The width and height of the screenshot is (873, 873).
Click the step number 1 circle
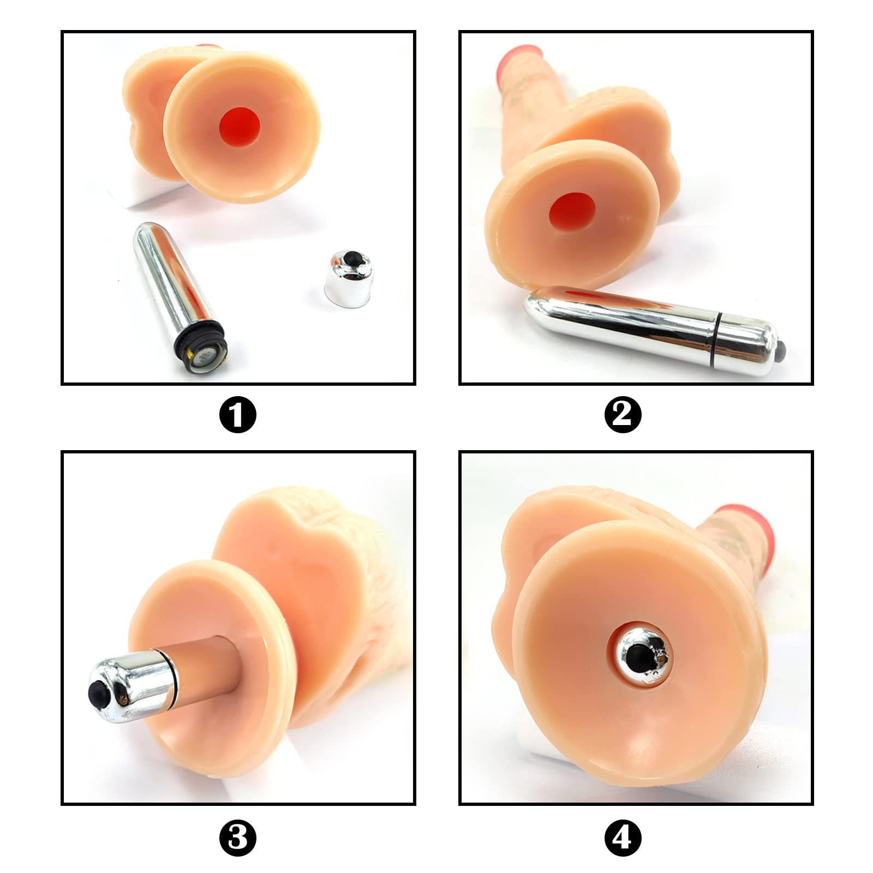[x=237, y=415]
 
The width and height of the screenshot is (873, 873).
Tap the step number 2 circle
[x=623, y=415]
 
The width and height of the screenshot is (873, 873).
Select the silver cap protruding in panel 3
[x=132, y=686]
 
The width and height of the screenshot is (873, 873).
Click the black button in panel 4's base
[x=638, y=655]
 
